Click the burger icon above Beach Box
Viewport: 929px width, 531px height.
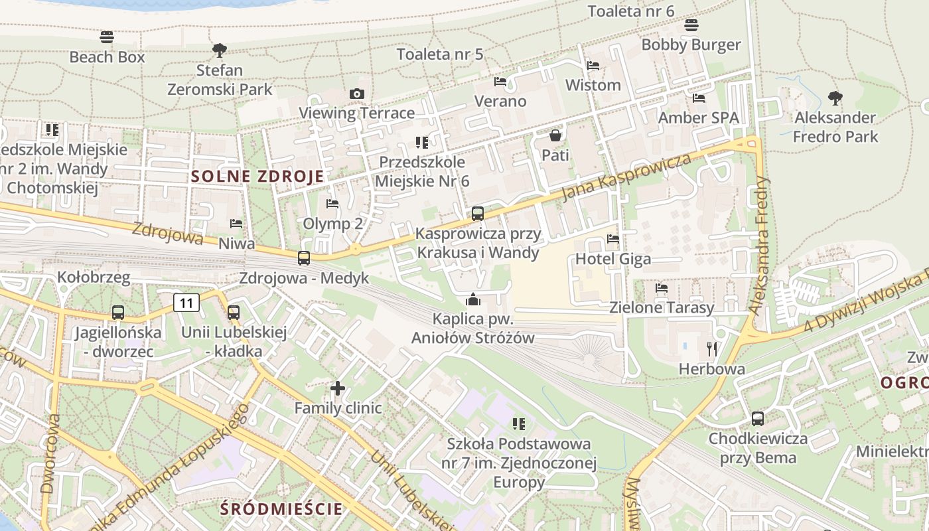[107, 37]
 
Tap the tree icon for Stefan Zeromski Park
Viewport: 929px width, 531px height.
[219, 50]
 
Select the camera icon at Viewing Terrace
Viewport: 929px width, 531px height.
[357, 94]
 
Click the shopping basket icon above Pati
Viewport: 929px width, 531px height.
[555, 135]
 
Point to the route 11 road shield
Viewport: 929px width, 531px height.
[186, 303]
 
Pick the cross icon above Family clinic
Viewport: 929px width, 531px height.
[338, 388]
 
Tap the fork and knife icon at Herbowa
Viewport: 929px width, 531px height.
[712, 348]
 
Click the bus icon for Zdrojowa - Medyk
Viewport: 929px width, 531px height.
[304, 258]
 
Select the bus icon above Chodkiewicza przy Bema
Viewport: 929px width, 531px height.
[758, 419]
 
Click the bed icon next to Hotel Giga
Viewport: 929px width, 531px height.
[613, 238]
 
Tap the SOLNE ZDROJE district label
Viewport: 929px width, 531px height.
[257, 177]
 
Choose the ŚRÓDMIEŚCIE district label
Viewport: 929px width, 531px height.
[282, 509]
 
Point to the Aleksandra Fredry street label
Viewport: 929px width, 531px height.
[759, 245]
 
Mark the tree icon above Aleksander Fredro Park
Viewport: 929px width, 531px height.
[835, 98]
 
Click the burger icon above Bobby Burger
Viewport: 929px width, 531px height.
[691, 25]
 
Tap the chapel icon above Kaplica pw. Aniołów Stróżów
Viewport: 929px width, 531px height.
[473, 299]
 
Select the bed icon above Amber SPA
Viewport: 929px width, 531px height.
[699, 98]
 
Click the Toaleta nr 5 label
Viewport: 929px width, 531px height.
[440, 54]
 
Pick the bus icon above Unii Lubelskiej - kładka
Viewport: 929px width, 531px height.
[234, 312]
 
